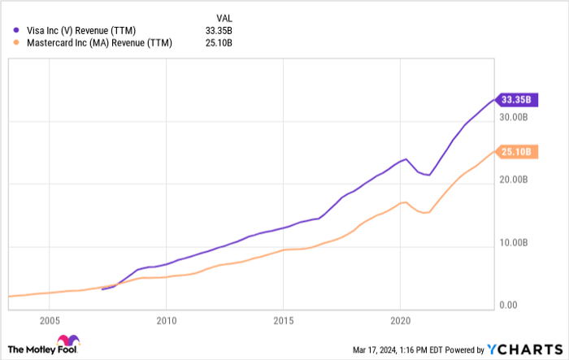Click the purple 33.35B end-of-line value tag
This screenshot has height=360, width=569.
tap(515, 100)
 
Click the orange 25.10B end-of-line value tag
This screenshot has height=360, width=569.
tap(515, 151)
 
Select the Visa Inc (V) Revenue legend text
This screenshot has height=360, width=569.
tap(80, 30)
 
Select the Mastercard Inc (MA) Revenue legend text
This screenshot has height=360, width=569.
tap(93, 43)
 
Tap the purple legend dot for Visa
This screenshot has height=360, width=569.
tap(16, 30)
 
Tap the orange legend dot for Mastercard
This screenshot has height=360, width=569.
tap(16, 43)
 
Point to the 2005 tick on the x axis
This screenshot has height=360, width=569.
tap(50, 320)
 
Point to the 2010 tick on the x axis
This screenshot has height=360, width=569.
tap(166, 320)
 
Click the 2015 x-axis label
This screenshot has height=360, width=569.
tap(283, 320)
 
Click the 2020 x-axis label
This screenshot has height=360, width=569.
tap(400, 320)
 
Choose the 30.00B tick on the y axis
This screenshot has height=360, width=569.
tap(515, 117)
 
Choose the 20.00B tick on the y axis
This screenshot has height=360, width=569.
tap(515, 180)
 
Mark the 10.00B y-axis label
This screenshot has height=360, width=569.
tap(515, 243)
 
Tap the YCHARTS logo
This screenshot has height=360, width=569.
tap(523, 349)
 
